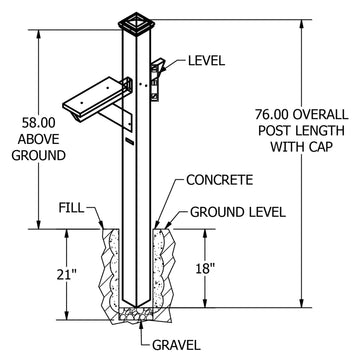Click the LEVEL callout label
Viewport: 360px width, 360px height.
[x=207, y=61]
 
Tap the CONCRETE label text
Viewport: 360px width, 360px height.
[x=220, y=180]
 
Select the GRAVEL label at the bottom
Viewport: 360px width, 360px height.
[x=177, y=345]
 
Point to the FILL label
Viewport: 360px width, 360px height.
[x=72, y=208]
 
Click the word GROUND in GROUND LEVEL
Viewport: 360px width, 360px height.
[x=214, y=212]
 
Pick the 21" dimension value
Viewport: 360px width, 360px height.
[x=67, y=275]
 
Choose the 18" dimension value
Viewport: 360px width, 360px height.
[x=204, y=268]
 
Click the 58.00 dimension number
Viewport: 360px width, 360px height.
[x=39, y=123]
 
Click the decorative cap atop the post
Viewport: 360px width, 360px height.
[x=137, y=24]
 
